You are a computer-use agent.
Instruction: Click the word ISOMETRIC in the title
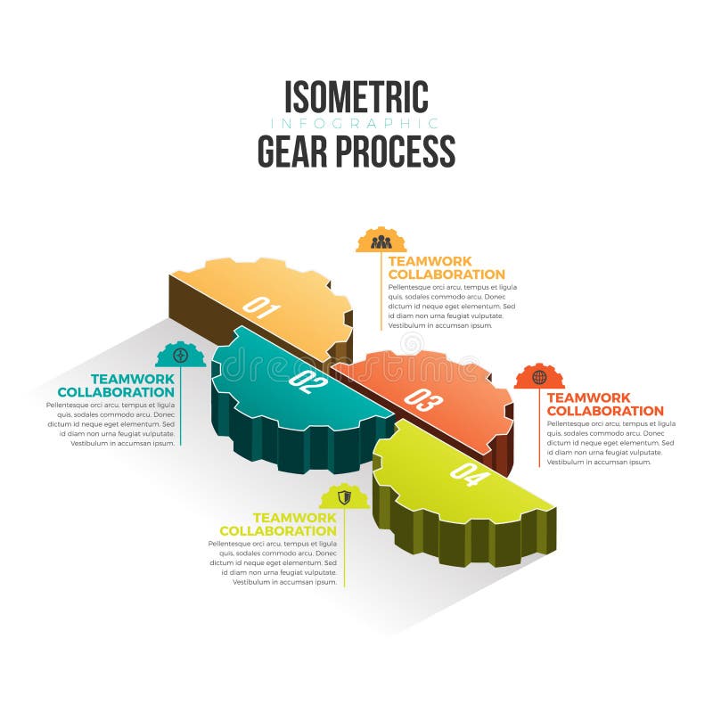click(356, 97)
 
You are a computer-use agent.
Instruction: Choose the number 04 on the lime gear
click(470, 475)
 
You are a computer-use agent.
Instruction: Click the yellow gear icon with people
click(381, 240)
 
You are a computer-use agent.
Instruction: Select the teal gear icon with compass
click(181, 355)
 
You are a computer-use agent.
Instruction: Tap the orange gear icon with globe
click(539, 377)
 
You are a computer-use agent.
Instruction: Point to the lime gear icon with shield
click(345, 496)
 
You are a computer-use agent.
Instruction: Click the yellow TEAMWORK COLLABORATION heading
click(447, 267)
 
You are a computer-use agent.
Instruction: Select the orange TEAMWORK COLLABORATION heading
click(605, 404)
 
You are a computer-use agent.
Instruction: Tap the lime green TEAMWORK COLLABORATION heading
click(278, 524)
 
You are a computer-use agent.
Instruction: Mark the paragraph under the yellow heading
click(453, 307)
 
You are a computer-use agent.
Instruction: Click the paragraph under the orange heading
click(611, 443)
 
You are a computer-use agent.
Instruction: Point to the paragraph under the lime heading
click(273, 562)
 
